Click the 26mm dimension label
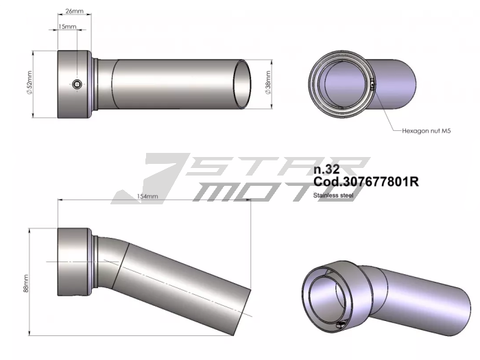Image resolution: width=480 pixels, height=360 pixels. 74,11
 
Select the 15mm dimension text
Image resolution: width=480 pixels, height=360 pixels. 67,26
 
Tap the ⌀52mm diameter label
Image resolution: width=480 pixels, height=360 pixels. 29,83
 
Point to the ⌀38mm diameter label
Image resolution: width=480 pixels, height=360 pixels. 268,83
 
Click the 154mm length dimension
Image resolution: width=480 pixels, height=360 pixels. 147,196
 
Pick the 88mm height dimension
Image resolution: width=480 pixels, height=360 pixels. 26,283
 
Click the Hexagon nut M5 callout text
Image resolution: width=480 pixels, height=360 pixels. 426,131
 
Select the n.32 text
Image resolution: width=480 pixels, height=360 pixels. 326,169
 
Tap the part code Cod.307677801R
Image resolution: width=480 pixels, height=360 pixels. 365,182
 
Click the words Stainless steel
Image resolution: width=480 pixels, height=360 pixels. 333,195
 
